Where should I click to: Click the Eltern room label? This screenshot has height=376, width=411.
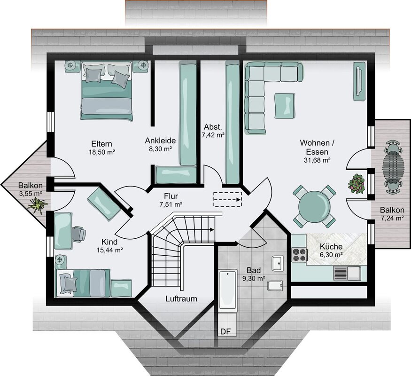[102, 144]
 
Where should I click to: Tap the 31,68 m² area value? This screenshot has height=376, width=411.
[317, 160]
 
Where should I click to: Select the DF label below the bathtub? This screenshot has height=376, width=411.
[225, 332]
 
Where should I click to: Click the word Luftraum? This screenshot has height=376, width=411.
[181, 298]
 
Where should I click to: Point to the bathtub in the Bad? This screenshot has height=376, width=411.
[228, 290]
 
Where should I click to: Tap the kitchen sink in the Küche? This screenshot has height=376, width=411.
[347, 273]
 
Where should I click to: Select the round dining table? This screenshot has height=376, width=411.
[314, 206]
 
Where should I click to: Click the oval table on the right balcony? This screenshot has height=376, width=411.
[393, 167]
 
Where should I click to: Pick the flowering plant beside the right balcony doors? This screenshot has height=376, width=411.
[357, 184]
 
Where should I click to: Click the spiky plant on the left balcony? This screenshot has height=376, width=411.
[38, 206]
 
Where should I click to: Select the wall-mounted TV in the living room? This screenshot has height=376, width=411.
[359, 81]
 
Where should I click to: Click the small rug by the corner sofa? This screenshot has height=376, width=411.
[285, 106]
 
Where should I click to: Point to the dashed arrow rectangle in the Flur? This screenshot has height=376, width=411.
[227, 200]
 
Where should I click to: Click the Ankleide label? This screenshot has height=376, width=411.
[160, 141]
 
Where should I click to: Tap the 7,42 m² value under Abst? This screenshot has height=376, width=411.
[213, 135]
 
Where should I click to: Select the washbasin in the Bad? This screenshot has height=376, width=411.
[278, 263]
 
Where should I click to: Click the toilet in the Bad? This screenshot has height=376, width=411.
[275, 286]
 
